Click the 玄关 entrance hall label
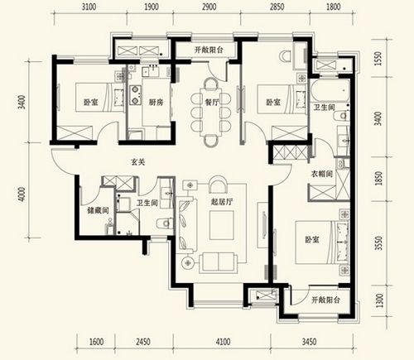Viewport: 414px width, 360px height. (137, 162)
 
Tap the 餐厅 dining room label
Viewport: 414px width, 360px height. (212, 103)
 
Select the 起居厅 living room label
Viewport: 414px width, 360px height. (222, 202)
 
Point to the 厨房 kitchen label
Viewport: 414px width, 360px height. (156, 103)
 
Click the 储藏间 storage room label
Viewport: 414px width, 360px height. (98, 211)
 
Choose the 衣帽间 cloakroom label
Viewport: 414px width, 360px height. (322, 174)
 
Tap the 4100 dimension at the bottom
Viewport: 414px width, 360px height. (223, 342)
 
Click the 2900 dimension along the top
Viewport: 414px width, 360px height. (209, 7)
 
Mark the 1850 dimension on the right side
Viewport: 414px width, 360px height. (379, 178)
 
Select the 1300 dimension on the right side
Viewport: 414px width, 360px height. (379, 300)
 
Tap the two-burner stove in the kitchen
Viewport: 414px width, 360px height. (135, 95)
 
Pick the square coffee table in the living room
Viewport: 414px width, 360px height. (221, 225)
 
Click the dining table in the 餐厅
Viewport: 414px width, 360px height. (212, 112)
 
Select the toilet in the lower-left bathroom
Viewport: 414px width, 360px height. (165, 223)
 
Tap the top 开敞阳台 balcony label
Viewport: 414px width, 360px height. (209, 50)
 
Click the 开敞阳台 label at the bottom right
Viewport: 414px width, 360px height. (325, 300)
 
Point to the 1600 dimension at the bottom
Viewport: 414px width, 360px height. (97, 342)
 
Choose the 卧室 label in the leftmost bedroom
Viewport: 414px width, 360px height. (91, 103)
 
